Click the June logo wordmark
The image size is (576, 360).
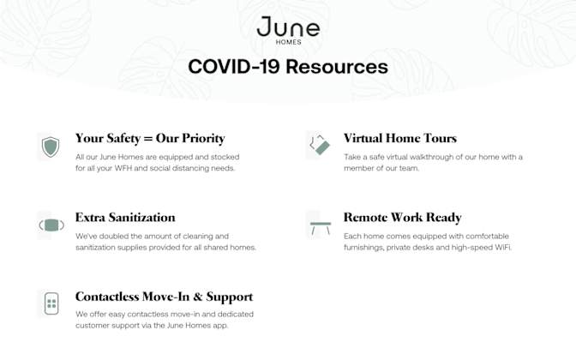point(288,27)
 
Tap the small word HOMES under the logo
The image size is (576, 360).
point(289,42)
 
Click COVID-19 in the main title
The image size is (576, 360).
point(234,67)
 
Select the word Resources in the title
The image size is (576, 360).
point(337,67)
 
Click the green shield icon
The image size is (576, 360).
point(51,147)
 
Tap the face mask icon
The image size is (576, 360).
point(51,225)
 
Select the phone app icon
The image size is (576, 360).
point(51,303)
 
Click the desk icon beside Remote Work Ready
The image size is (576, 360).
point(321,228)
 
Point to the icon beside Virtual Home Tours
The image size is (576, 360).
point(320,145)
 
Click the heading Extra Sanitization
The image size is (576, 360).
point(125,218)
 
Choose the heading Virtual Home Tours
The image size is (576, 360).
point(400,138)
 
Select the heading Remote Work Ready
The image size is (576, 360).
point(403,218)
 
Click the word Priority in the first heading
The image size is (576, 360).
point(203,139)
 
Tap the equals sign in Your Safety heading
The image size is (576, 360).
point(148,139)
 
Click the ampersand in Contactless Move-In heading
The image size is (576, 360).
point(198,297)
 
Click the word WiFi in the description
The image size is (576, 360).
point(502,247)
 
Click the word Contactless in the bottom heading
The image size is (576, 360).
point(107,297)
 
